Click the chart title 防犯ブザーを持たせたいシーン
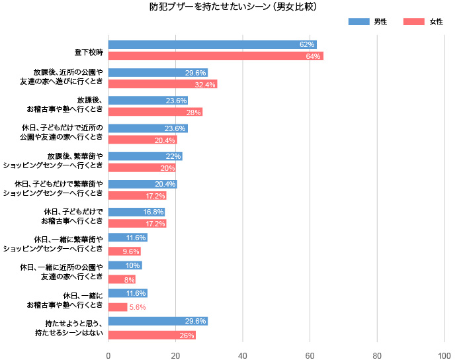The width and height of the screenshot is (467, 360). coord(233,7)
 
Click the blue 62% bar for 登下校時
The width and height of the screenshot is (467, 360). coord(212,45)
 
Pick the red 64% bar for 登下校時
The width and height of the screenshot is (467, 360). coord(215,56)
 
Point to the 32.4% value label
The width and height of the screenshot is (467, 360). coord(205,85)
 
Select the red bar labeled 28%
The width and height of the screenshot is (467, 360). coord(155,112)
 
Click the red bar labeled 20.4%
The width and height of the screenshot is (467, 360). coord(142,140)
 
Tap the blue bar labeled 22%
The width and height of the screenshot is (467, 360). coord(145,156)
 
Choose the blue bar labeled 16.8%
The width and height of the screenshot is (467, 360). coord(136,212)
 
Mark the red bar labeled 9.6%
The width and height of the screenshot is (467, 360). coord(124,251)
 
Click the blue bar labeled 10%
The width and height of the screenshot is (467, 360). coord(125,265)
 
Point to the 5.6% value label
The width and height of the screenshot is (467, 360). coord(138,307)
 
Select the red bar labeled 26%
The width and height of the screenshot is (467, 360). coord(151,336)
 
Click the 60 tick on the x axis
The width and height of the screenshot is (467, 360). coord(310,355)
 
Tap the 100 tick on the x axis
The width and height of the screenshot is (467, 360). coord(444,355)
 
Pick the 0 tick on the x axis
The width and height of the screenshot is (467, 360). coord(108,355)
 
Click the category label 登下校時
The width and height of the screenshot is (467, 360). coord(88,51)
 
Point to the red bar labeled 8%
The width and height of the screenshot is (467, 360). coord(122,279)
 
